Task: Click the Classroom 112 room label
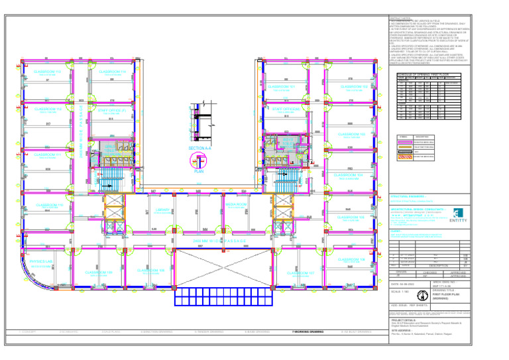click(x=47, y=72)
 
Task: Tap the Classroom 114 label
click(x=113, y=72)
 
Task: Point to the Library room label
click(x=162, y=210)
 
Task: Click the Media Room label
click(x=237, y=205)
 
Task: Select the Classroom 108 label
click(x=151, y=270)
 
